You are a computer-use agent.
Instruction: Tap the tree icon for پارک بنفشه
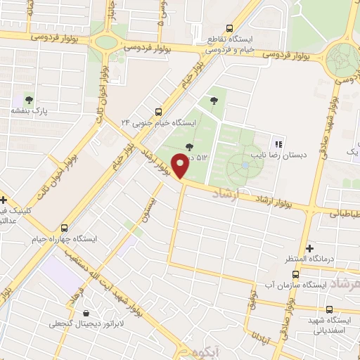[29, 99]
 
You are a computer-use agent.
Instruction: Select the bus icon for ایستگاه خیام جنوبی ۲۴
[157, 111]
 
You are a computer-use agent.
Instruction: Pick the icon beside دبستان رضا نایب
[278, 144]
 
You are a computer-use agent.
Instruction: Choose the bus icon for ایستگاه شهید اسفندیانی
[329, 309]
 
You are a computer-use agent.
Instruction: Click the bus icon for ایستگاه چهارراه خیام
[65, 228]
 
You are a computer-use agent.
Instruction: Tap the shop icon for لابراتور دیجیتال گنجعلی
[86, 313]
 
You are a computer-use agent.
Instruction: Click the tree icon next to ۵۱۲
[188, 147]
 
